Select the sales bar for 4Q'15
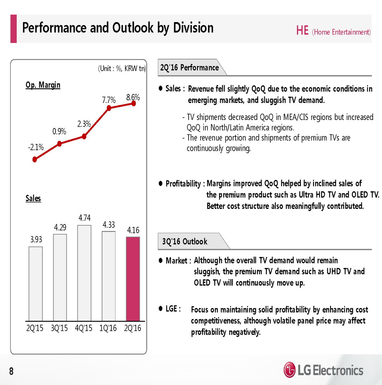[x=84, y=273]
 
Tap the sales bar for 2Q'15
[x=36, y=284]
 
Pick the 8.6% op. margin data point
[x=134, y=103]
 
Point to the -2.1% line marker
[x=35, y=159]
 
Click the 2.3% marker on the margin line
[x=84, y=136]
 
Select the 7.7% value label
[x=109, y=100]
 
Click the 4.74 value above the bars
[x=85, y=218]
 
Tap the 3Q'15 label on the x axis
[x=59, y=328]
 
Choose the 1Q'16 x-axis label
[x=108, y=328]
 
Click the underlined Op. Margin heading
[x=43, y=85]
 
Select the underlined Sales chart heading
[x=33, y=198]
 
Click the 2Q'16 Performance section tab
[x=190, y=68]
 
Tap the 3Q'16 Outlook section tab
[x=185, y=242]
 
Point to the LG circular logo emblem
[x=290, y=370]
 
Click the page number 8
[x=12, y=371]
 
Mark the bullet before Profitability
[x=161, y=184]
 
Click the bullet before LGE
[x=161, y=309]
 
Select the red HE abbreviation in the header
[x=302, y=31]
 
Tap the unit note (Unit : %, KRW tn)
[x=122, y=68]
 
